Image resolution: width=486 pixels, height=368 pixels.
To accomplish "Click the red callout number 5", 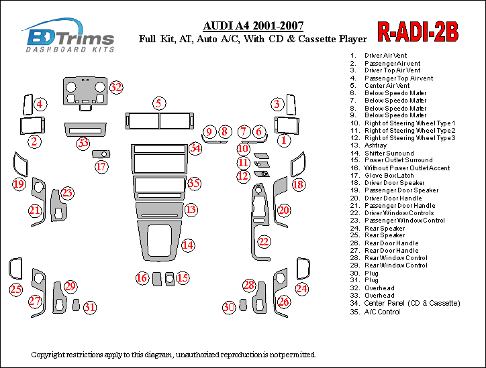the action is (x=158, y=103).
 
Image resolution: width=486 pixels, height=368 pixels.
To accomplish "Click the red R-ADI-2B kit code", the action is (x=418, y=32).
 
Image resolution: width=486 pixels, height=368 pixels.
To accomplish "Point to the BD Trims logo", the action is (x=69, y=36).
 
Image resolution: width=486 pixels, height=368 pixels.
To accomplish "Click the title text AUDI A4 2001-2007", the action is (x=253, y=25).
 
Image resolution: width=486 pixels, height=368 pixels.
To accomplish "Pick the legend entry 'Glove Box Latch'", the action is (x=389, y=176).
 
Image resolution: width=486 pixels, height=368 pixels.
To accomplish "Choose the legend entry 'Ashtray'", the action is (x=375, y=145).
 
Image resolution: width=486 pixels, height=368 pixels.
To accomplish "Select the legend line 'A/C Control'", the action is (x=381, y=312).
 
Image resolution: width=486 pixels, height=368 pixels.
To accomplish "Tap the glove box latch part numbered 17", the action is (x=101, y=154).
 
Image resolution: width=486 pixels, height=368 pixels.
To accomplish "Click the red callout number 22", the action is (x=263, y=241).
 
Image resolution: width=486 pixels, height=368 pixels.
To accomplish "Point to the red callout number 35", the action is (x=194, y=183).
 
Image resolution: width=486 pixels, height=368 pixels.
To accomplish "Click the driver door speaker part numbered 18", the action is (x=298, y=165).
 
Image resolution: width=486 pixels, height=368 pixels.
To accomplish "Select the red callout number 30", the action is (x=229, y=307).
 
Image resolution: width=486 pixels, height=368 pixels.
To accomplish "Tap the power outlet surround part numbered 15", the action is (x=170, y=279).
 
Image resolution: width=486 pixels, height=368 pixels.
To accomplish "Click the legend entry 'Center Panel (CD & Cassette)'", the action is (x=412, y=303).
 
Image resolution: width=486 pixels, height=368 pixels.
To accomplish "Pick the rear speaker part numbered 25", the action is (x=15, y=268).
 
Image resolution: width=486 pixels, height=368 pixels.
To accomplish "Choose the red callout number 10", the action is (x=243, y=149).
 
